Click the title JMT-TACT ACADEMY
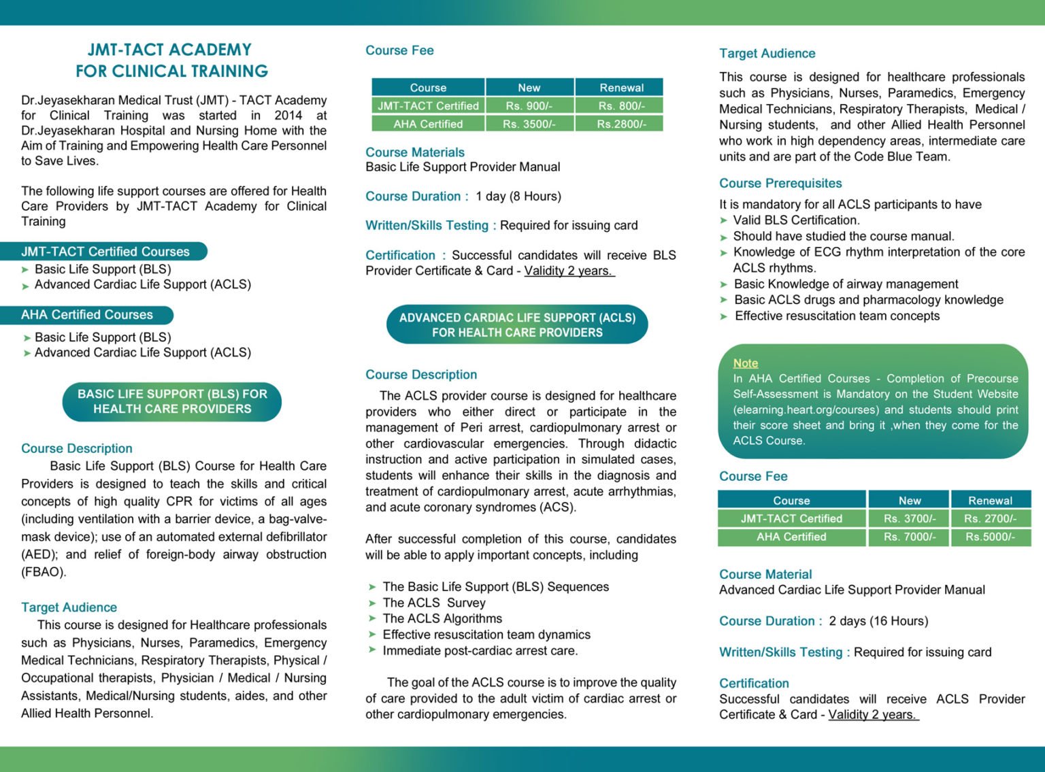169,50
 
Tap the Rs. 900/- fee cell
529,106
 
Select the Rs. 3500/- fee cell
529,124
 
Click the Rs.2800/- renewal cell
621,124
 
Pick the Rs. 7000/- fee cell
910,537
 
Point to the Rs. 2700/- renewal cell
990,518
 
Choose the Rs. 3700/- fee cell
910,518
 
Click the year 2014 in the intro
288,116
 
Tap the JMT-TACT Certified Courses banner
105,252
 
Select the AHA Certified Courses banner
87,315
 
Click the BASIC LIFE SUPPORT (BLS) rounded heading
172,401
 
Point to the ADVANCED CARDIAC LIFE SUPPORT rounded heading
517,324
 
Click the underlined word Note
745,363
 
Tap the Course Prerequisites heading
780,183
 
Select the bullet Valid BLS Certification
796,220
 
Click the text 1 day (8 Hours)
518,197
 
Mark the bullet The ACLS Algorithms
442,618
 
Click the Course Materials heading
415,152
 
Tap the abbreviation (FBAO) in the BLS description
44,572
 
